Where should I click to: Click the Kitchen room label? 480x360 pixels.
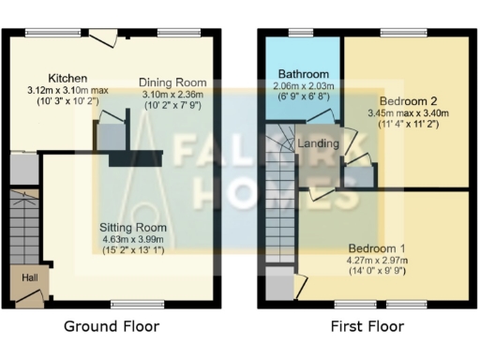pos(68,78)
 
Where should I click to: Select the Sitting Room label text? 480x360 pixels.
pos(135,228)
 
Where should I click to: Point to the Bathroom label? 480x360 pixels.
pos(303,74)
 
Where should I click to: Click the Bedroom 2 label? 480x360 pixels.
pos(408,99)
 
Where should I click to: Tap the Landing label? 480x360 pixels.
pos(317,143)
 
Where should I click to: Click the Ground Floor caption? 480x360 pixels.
pos(111,326)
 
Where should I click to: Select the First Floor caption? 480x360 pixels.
pos(367,326)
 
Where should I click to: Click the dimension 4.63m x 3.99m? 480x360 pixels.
pos(135,240)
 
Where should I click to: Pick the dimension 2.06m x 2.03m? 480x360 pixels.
pos(303,85)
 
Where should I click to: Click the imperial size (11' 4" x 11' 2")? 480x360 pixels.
pos(409,123)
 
